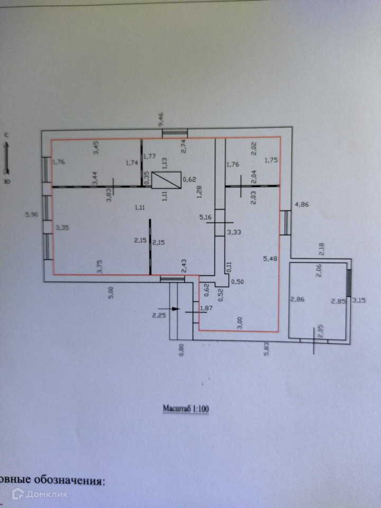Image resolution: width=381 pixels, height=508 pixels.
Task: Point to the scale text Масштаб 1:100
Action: click(185, 409)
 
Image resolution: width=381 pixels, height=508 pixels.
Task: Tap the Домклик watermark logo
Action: click(40, 494)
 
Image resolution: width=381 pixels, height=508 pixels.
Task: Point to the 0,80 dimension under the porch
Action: click(181, 350)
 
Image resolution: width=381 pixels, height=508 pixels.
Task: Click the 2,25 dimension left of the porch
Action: click(159, 316)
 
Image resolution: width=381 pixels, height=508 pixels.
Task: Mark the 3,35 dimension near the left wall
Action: click(63, 228)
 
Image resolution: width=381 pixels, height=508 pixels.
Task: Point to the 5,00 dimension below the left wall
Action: click(111, 293)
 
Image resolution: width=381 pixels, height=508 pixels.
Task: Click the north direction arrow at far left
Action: click(7, 156)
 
